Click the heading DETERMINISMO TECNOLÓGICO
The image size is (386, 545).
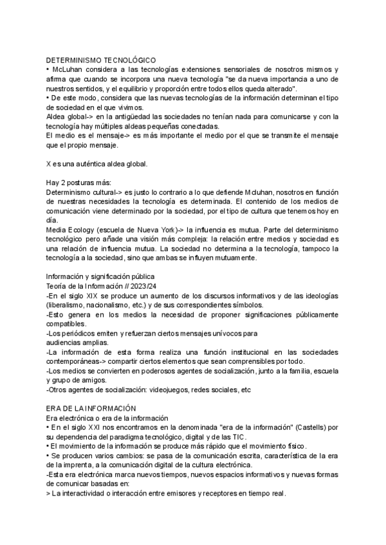(x=101, y=59)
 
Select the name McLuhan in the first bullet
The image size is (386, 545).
(x=66, y=69)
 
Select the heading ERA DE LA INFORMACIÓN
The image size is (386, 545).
(x=91, y=409)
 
